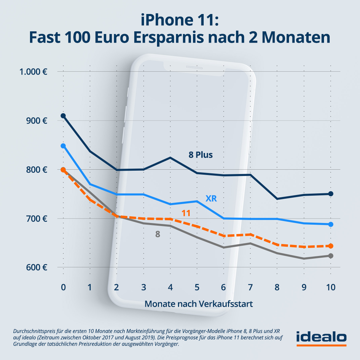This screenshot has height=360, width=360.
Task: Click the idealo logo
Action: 321,337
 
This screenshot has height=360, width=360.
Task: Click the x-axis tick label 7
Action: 250,287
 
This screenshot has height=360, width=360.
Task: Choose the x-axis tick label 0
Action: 63,287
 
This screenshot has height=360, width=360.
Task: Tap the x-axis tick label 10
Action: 330,287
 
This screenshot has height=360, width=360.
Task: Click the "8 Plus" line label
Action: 201,155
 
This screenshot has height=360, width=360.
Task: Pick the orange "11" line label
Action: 186,213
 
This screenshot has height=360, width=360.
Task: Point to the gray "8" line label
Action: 158,234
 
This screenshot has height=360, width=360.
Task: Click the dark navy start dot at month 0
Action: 63,116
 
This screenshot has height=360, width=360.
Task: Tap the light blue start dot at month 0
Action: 63,146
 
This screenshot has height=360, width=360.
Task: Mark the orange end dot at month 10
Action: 331,246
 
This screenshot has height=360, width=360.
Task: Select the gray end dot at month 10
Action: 331,256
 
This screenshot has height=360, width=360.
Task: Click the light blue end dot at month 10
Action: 331,224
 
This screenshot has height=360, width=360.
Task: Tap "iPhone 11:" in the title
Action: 180,21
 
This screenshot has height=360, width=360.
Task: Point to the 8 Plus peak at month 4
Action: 170,158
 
